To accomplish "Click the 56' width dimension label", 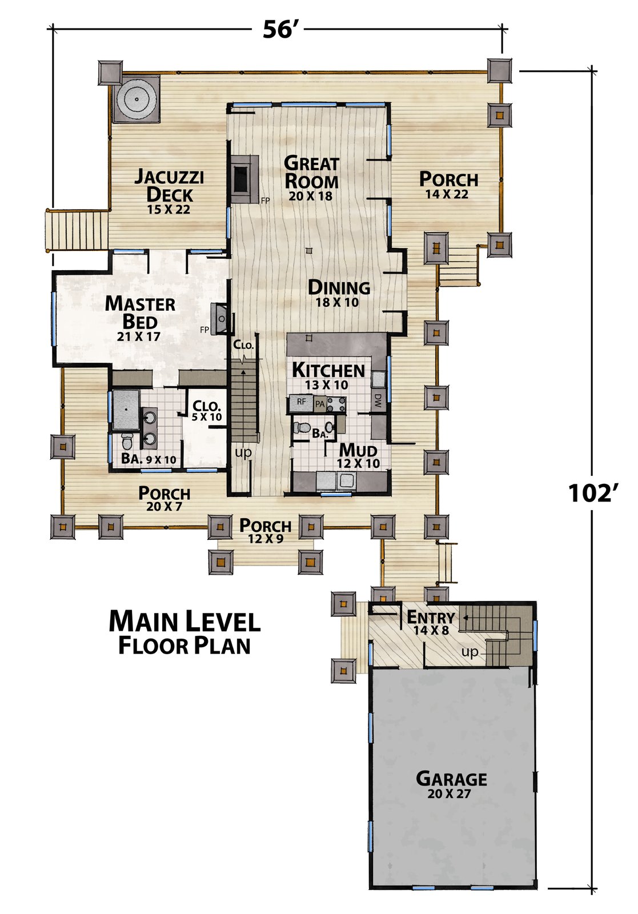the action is point(278,29).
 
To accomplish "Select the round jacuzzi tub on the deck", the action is point(135,99).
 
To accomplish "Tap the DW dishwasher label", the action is point(378,400).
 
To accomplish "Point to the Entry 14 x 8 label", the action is point(431,622).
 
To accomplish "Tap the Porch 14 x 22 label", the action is point(449,184).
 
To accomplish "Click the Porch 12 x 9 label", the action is point(265,531).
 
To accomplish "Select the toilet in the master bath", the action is point(126,440).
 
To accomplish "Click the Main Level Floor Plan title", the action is point(184,632).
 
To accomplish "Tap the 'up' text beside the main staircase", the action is point(243,452).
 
